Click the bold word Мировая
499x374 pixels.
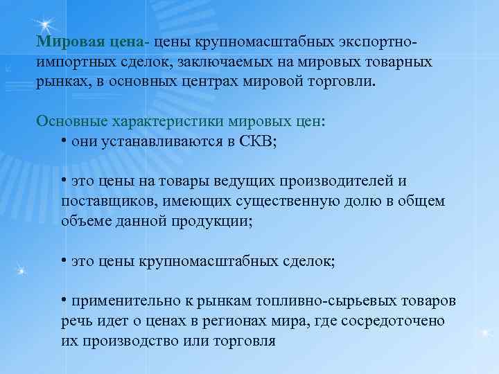(67, 44)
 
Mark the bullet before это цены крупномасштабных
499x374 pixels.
(63, 260)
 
